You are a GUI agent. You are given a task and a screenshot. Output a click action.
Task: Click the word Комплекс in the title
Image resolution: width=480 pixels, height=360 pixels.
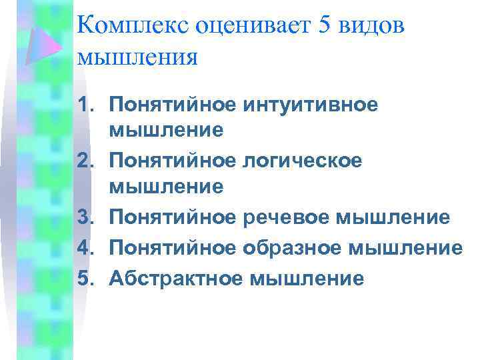tap(133, 27)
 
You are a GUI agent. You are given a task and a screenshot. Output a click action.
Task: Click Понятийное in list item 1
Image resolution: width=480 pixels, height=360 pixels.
tap(172, 105)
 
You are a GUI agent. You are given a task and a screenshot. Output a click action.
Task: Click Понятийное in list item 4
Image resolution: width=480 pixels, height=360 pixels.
tap(172, 248)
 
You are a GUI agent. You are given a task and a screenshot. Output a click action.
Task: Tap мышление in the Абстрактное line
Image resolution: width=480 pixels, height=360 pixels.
tap(307, 277)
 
